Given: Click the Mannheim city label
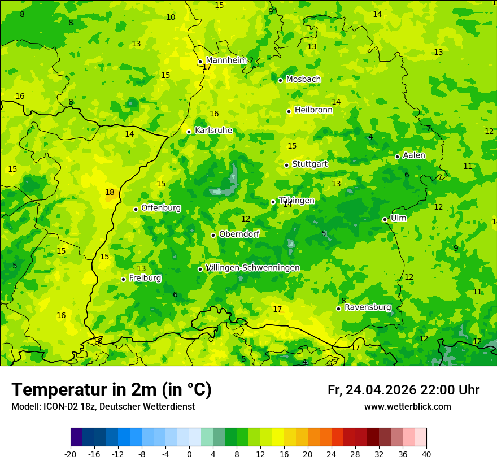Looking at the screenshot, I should pos(226,60).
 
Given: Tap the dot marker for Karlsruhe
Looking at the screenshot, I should pos(189,132).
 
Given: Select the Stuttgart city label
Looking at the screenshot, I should pos(309,164).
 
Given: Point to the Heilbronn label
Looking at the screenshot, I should pos(313,110).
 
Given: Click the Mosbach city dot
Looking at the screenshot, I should pos(280,80).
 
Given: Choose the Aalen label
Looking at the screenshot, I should pos(414,155).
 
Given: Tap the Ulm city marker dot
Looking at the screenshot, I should pos(385,219).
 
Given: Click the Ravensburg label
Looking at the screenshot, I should pos(368,307).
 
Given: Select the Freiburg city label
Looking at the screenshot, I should pos(145,278).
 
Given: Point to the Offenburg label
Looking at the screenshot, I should pos(161,208).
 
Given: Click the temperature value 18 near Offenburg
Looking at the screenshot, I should pos(110,193).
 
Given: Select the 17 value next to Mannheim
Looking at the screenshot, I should pos(207,67).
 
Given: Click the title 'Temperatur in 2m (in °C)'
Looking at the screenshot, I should pos(111,389).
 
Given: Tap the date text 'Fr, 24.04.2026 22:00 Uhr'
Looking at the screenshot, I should pos(403,390).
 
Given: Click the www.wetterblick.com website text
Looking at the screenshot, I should pos(407,407).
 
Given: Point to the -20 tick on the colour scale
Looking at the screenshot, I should pos(71,454).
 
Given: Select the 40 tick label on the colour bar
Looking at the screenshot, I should pos(426,454).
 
